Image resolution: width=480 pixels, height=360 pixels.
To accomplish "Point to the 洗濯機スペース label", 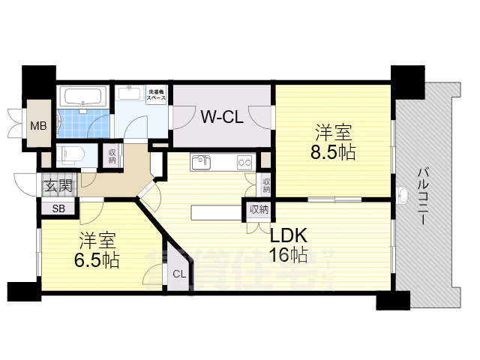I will click(157, 95).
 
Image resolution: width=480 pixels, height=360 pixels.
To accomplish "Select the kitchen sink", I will click(202, 162).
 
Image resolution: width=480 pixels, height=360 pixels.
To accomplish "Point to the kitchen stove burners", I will click(244, 161).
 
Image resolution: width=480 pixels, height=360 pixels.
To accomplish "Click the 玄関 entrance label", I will click(57, 187).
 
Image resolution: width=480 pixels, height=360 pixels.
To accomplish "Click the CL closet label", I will click(178, 274).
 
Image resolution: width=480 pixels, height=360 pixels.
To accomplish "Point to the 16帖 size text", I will click(289, 255).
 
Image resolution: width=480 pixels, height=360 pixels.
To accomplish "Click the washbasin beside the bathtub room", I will click(132, 94).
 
